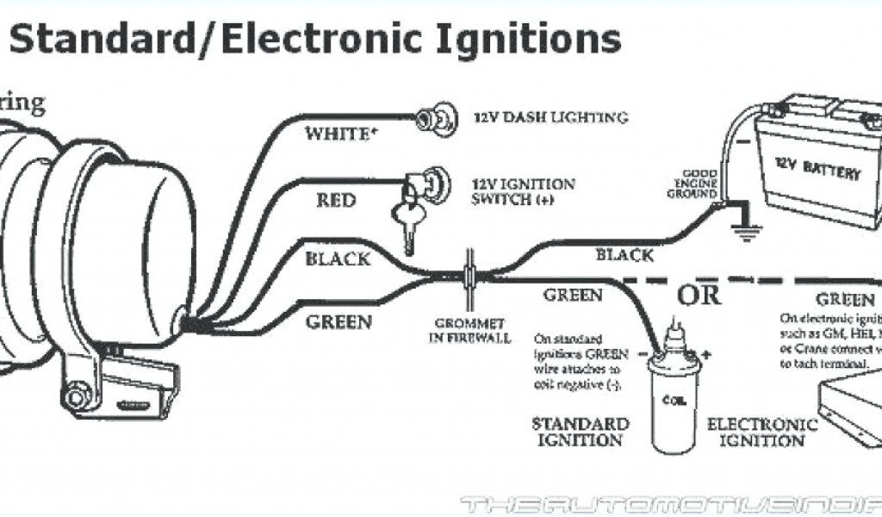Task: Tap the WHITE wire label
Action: coord(338,134)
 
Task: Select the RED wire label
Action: coord(336,201)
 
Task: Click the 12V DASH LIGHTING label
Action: coord(550,117)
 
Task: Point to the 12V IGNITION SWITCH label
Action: coord(524,191)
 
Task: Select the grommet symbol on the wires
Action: coord(470,273)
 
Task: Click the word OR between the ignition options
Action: coord(699,296)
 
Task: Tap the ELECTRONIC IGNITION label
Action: coord(761,432)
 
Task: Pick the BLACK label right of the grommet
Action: coord(624,255)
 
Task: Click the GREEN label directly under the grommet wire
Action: coord(572,295)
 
